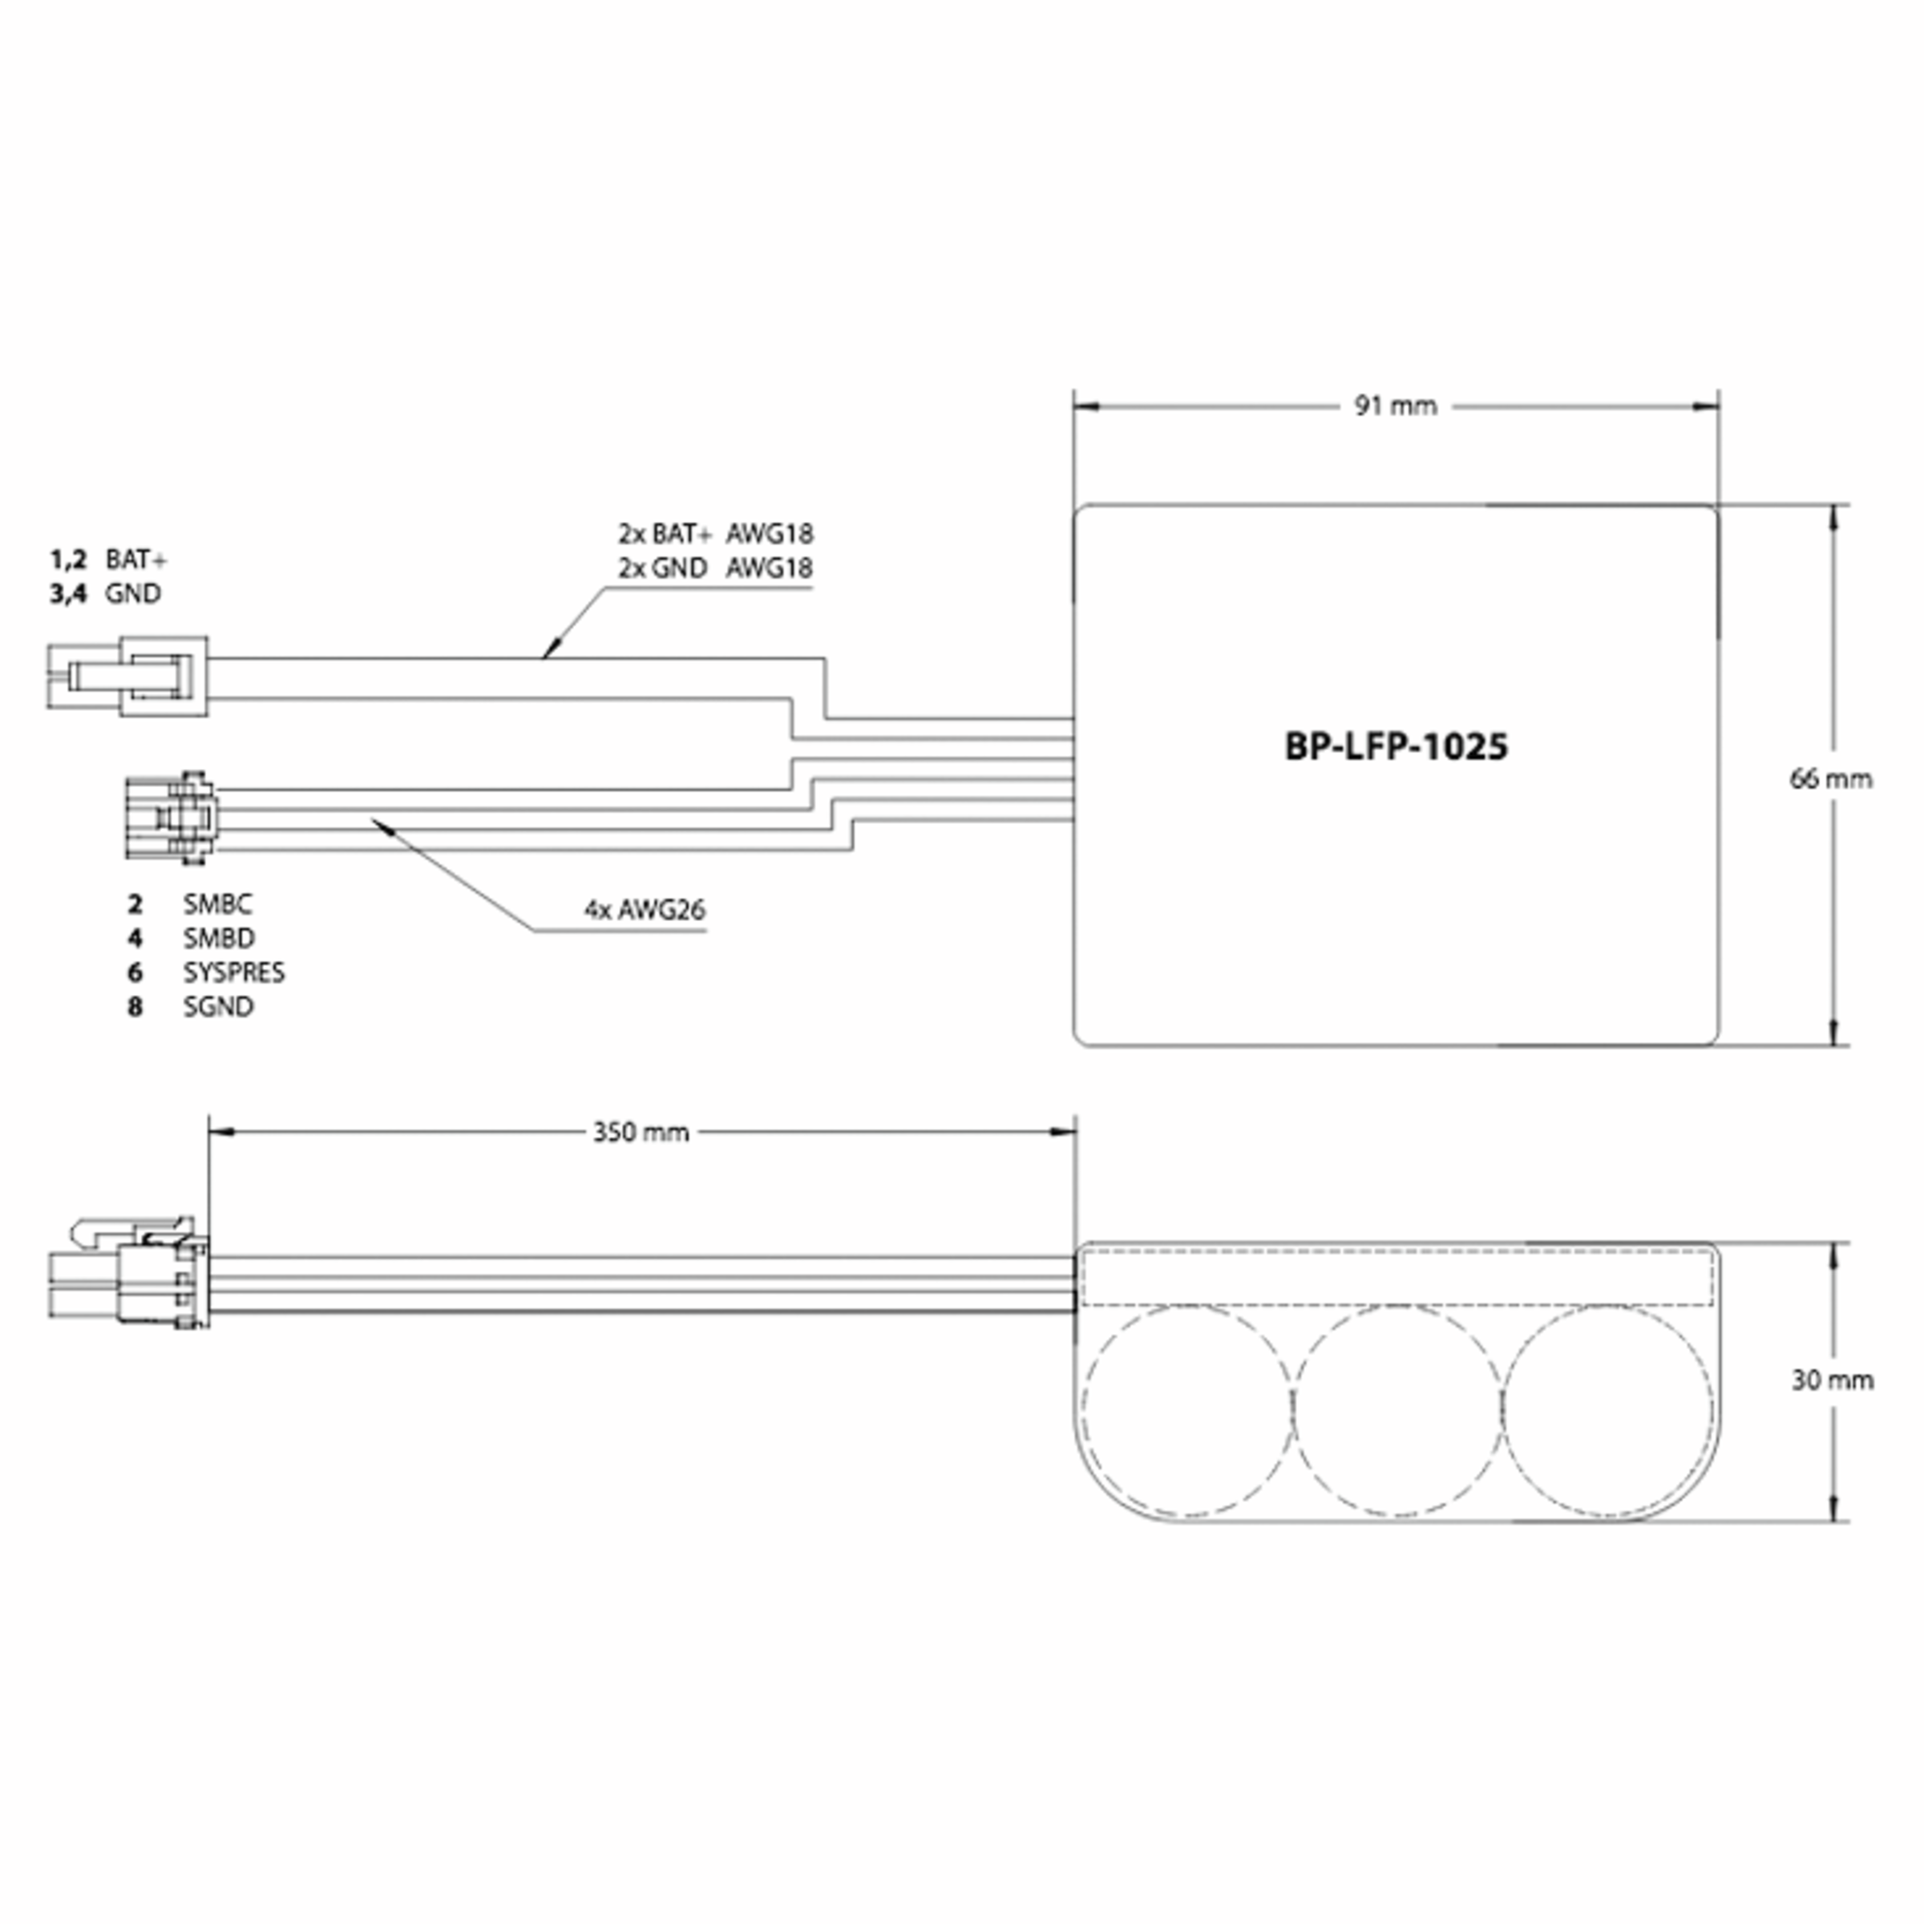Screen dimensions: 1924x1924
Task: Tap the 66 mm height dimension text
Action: coord(1830,778)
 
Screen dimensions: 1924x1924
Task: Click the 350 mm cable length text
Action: coord(641,1132)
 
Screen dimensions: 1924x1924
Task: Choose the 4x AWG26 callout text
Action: coord(645,909)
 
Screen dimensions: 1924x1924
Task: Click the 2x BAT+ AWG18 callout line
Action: coord(715,534)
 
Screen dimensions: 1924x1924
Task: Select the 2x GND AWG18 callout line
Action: coord(715,568)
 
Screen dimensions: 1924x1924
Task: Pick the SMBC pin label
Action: coord(217,904)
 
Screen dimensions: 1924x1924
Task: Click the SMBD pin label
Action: coord(218,938)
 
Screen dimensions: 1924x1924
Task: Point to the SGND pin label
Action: coord(218,1007)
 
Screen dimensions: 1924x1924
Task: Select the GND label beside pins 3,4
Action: coord(132,593)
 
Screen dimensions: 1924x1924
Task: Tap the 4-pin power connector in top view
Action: coord(129,677)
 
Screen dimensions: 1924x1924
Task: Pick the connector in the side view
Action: coord(129,1277)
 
